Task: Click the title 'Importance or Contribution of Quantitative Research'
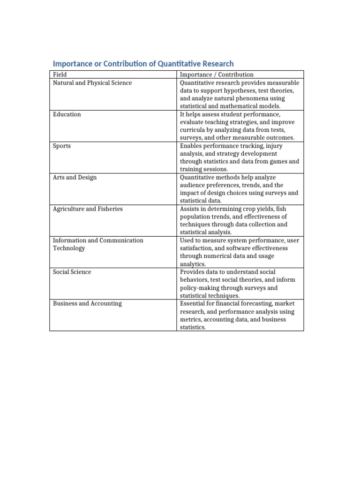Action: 143,64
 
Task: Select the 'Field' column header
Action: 60,75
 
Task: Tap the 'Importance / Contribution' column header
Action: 217,75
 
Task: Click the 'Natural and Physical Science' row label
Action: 92,83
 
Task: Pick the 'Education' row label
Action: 67,114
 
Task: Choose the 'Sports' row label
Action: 62,146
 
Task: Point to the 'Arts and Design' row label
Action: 75,178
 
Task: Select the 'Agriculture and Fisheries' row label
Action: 88,209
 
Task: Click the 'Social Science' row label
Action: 72,272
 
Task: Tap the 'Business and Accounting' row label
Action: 87,304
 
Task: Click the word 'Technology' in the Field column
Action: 69,248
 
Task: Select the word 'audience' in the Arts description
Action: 193,185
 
